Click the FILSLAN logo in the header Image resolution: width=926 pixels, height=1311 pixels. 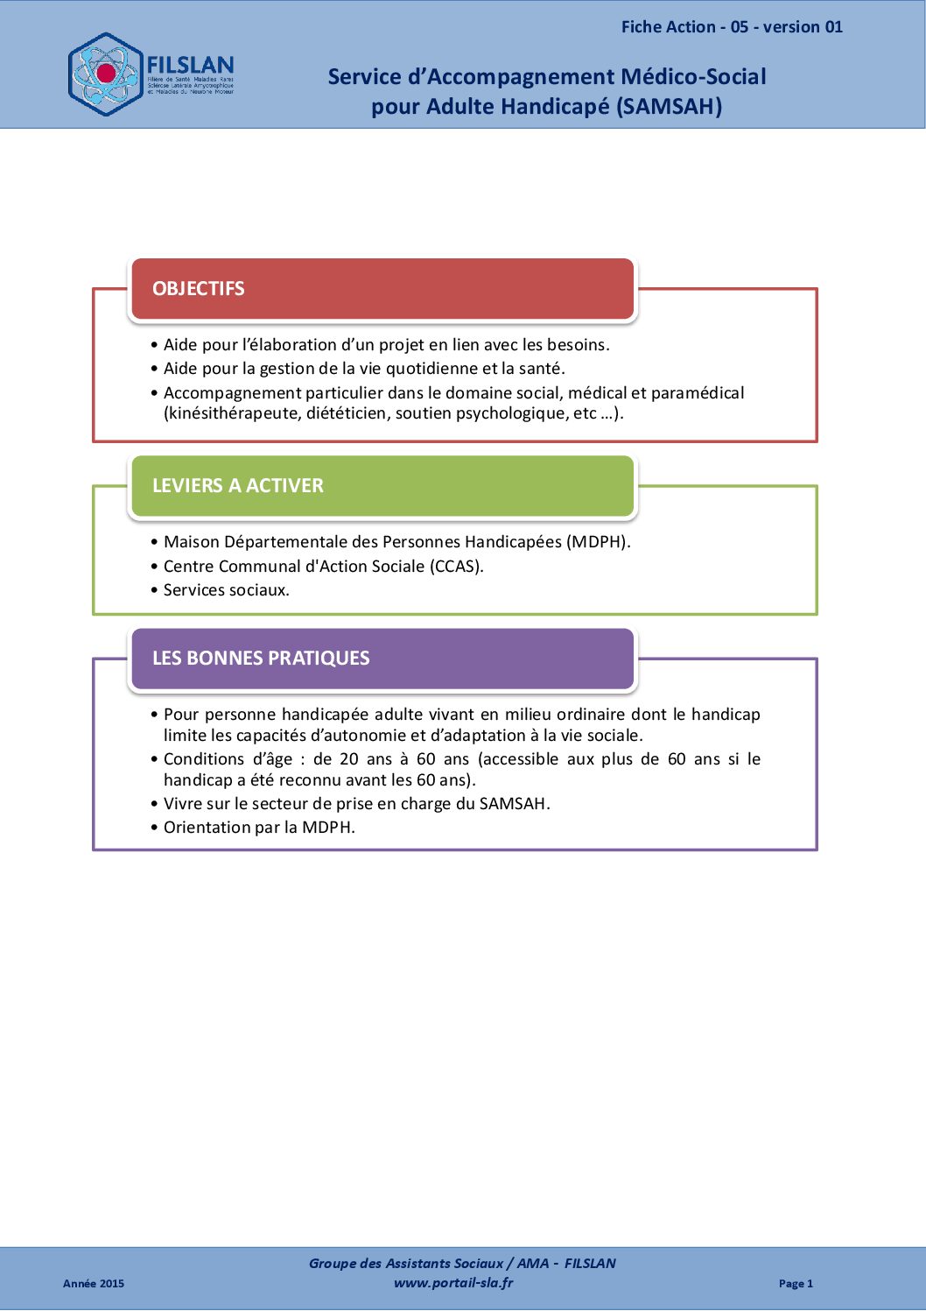151,74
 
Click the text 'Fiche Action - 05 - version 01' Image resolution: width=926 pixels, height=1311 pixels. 732,27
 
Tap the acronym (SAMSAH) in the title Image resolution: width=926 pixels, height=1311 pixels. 670,107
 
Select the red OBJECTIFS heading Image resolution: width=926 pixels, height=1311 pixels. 199,289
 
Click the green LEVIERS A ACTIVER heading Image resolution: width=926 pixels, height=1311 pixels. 238,486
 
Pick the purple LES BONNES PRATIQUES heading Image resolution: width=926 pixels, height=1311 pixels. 261,659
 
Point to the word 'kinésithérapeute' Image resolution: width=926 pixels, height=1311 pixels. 232,413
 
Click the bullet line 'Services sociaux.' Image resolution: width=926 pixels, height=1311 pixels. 226,590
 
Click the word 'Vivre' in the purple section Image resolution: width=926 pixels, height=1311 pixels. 183,804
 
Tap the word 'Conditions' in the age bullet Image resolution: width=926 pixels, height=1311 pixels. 204,759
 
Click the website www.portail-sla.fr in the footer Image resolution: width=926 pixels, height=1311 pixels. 453,1283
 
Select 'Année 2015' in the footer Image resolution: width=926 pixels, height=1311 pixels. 94,1284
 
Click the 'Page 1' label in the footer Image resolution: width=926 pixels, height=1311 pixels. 796,1284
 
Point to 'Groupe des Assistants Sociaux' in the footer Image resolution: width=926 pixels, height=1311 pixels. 406,1264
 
